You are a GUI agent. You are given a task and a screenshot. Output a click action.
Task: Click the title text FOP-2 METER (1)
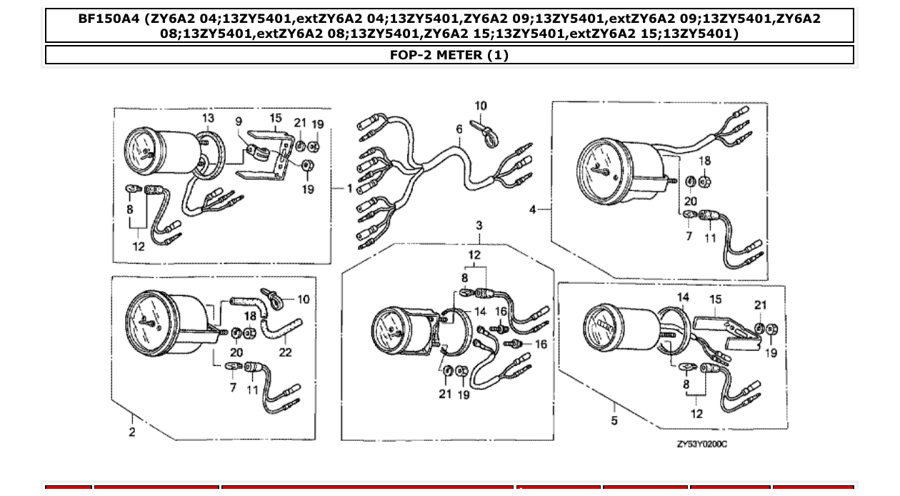point(449,55)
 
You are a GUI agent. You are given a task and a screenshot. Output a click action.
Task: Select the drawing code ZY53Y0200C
point(702,444)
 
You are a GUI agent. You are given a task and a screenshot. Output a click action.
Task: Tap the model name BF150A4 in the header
point(109,19)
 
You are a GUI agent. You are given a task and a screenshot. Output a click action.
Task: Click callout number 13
point(207,118)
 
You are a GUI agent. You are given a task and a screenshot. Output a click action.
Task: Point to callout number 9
point(239,122)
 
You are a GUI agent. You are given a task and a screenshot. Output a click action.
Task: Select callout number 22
point(286,352)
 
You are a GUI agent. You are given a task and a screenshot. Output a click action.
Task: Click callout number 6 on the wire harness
point(460,129)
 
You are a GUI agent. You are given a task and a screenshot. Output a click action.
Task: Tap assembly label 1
point(350,189)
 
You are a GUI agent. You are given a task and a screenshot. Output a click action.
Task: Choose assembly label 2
point(132,432)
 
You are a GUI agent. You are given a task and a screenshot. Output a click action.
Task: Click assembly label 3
point(479,226)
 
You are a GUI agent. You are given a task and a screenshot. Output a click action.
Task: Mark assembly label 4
point(532,209)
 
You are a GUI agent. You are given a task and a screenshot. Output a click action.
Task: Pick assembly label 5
point(614,420)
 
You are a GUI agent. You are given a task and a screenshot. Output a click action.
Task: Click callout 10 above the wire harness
point(481,106)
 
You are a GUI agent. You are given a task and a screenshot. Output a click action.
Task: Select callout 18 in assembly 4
point(704,161)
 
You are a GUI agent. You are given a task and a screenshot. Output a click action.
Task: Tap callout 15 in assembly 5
point(715,299)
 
